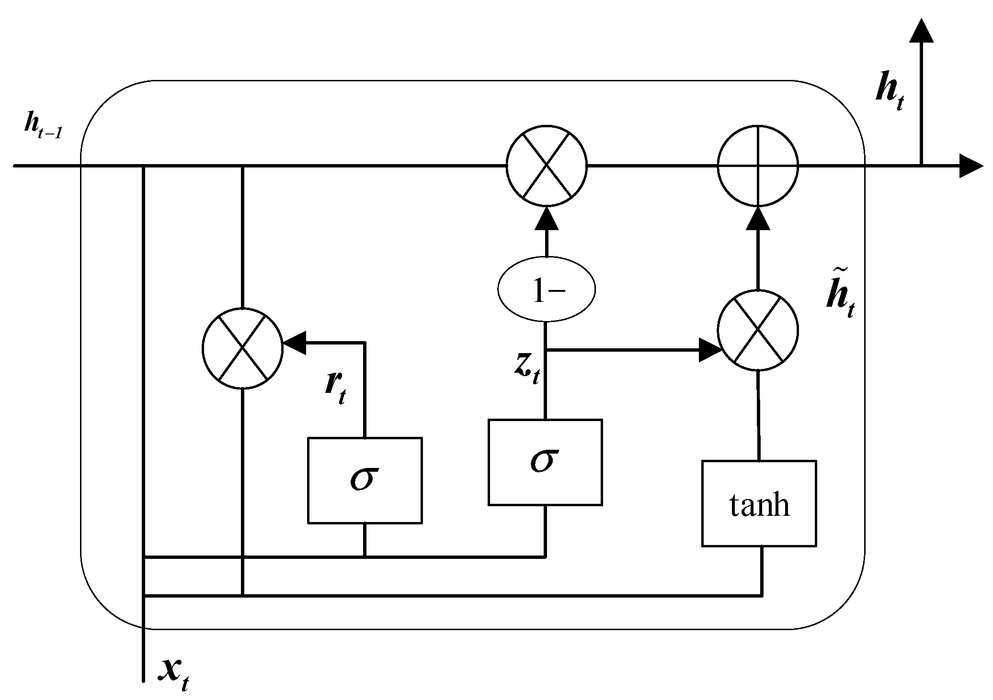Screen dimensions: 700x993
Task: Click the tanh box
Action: pyautogui.click(x=759, y=503)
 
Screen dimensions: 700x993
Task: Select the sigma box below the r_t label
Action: pyautogui.click(x=365, y=480)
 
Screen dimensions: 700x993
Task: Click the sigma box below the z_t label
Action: pyautogui.click(x=545, y=462)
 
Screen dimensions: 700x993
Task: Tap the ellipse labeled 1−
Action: pyautogui.click(x=547, y=289)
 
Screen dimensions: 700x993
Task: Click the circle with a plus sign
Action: pyautogui.click(x=758, y=166)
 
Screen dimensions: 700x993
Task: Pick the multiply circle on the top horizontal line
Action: pyautogui.click(x=547, y=166)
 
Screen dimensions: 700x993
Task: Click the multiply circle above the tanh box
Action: pyautogui.click(x=758, y=330)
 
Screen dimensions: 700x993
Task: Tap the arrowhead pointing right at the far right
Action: pyautogui.click(x=970, y=166)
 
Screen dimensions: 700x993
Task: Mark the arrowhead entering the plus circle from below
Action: pyautogui.click(x=758, y=219)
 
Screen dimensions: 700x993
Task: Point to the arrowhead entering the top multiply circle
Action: pyautogui.click(x=547, y=219)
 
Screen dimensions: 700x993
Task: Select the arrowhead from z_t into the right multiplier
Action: pyautogui.click(x=710, y=350)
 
